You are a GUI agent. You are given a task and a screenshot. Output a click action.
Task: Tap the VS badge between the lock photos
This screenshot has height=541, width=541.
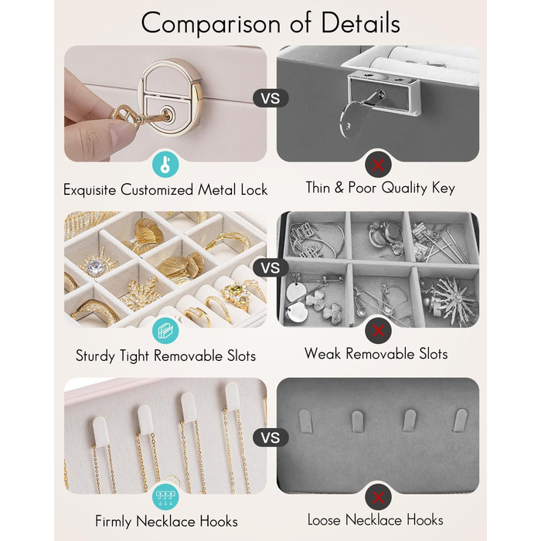(x=270, y=98)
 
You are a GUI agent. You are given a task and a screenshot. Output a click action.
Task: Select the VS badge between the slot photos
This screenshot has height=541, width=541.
(x=270, y=267)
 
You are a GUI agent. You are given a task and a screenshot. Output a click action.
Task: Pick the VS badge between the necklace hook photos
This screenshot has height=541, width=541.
(x=270, y=438)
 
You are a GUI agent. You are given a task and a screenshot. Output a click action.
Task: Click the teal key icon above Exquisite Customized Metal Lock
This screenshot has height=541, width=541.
(x=165, y=164)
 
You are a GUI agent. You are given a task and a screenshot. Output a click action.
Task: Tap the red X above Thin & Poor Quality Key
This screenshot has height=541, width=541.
(x=378, y=165)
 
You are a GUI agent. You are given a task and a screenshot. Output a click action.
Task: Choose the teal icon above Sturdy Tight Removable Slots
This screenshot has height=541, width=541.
(x=165, y=331)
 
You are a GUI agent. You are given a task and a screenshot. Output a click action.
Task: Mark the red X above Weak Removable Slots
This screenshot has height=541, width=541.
(x=378, y=331)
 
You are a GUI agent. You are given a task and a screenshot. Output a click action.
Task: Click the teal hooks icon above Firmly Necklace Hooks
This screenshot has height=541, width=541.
(x=165, y=498)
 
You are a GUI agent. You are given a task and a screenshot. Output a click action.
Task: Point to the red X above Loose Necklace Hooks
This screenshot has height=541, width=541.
(x=378, y=498)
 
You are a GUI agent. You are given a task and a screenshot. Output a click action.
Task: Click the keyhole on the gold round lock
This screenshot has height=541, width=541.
(x=168, y=115)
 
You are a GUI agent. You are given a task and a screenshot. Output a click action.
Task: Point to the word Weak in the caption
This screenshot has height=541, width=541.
(x=322, y=353)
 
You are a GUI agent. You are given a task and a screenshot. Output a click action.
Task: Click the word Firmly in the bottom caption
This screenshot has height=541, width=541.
(x=114, y=522)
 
